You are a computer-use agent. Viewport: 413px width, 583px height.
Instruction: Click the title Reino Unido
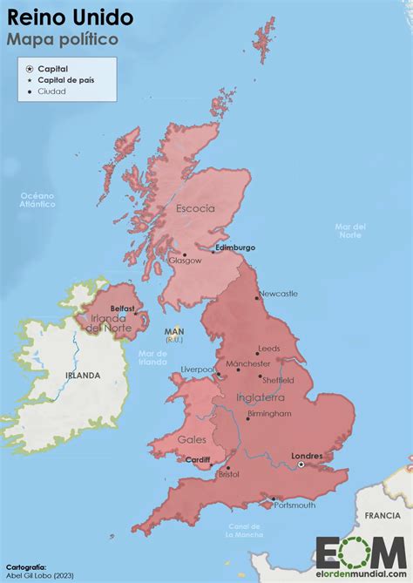[x=71, y=17]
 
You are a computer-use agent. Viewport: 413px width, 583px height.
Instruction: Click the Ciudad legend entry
[x=51, y=92]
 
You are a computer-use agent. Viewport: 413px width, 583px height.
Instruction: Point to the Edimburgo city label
[x=235, y=247]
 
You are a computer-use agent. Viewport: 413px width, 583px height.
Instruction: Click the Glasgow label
[x=185, y=261]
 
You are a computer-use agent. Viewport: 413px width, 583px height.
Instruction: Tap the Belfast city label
[x=123, y=308]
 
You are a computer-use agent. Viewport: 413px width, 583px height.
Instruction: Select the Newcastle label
[x=278, y=294]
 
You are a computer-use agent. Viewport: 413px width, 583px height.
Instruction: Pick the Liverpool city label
[x=197, y=369]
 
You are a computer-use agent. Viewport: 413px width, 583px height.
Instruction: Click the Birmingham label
[x=269, y=414]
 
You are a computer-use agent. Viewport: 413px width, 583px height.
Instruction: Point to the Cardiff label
[x=199, y=459]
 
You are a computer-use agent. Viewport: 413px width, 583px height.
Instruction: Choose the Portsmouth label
[x=293, y=505]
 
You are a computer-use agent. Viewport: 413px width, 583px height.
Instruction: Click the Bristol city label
[x=229, y=475]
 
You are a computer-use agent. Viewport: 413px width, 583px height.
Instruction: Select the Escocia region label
[x=196, y=209]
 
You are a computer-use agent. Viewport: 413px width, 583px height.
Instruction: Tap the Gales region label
[x=192, y=439]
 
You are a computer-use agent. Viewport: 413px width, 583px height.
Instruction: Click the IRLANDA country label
[x=83, y=376]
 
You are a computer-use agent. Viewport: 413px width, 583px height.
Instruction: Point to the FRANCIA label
[x=383, y=516]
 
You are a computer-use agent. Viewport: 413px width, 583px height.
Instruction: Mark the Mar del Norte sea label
[x=350, y=231]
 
